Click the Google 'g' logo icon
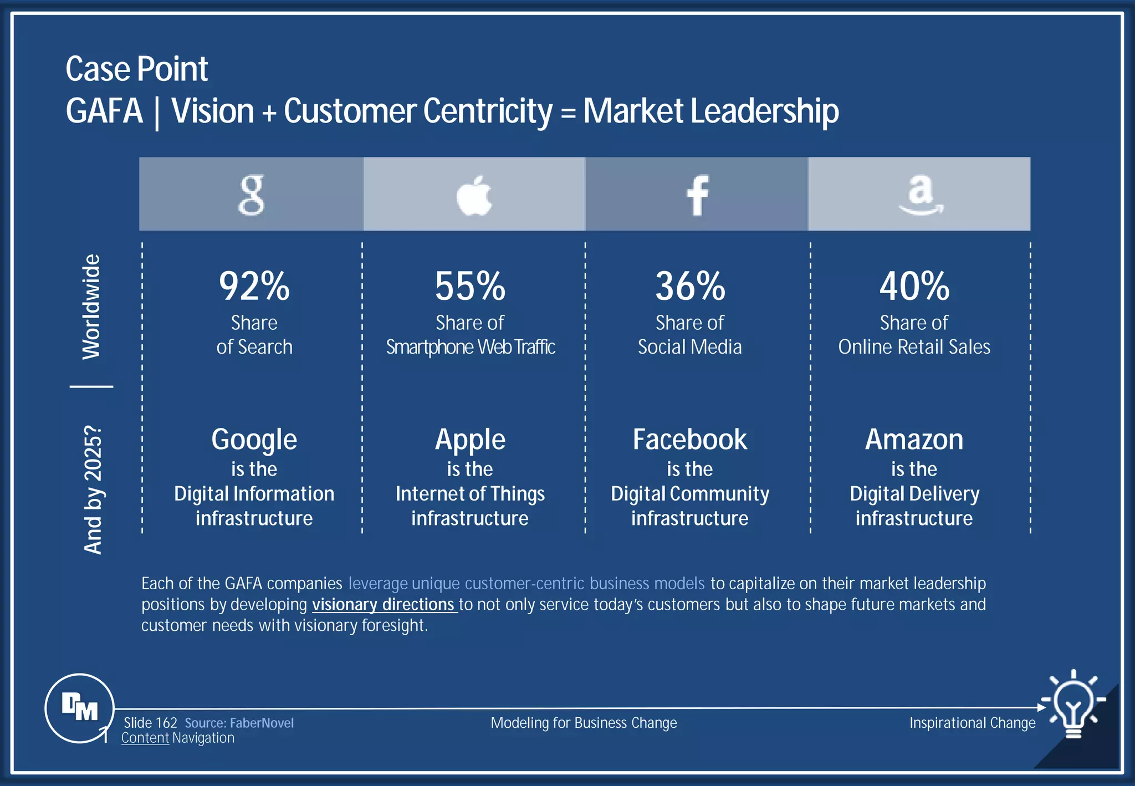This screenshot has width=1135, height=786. coord(251,195)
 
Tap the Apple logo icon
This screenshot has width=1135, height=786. coord(474,195)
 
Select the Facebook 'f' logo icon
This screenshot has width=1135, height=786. coord(697,195)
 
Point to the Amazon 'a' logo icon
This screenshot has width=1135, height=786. coord(921,195)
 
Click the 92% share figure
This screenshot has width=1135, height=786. coord(254,286)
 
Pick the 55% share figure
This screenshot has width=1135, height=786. coord(470,286)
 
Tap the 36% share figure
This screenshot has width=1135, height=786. coord(690,286)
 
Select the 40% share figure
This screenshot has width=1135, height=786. coord(914,286)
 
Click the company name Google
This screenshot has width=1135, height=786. coord(254,440)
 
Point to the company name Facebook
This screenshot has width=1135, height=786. coord(690,440)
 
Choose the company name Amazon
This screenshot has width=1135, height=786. coord(914,440)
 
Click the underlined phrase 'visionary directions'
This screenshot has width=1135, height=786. coord(383,604)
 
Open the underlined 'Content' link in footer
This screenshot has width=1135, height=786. coord(145,738)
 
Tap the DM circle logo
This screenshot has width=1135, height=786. coord(80,708)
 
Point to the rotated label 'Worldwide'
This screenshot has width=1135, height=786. coord(91,307)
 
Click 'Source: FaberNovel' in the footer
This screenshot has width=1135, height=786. coord(239,723)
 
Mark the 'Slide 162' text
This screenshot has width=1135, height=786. coord(150,723)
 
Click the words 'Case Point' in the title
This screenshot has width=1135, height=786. coord(136,69)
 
